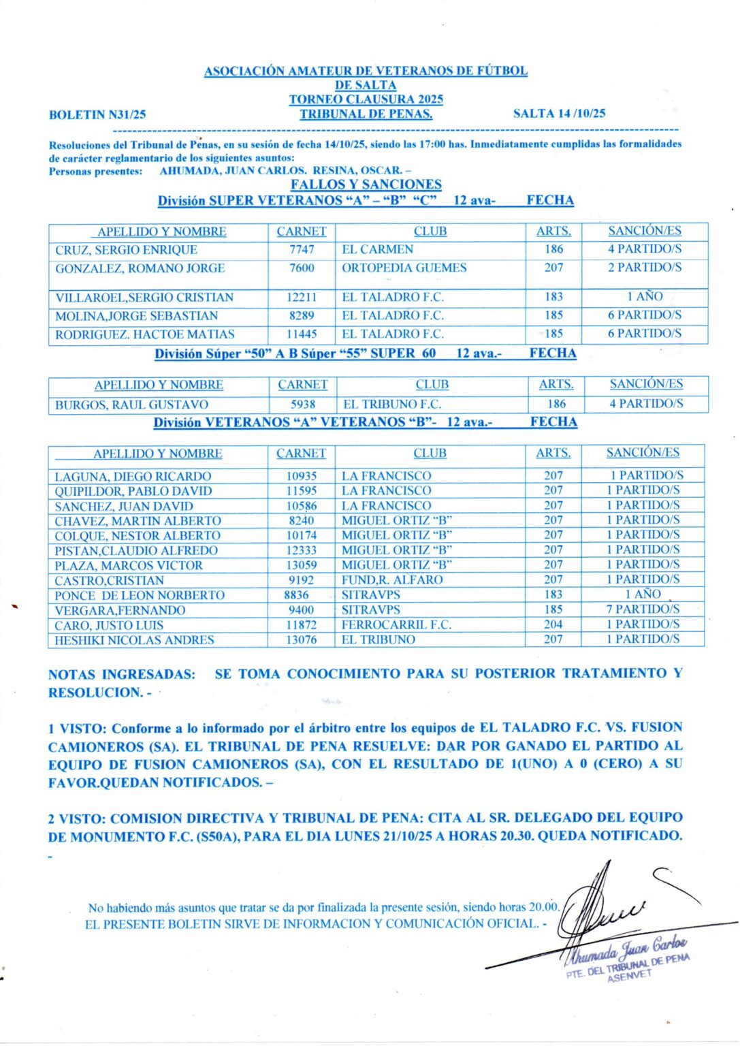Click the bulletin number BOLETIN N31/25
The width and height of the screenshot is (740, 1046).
97,115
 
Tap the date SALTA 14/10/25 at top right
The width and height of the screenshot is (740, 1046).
559,114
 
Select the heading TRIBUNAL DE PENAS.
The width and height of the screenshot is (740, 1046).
366,114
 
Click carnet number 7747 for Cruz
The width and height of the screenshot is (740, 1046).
302,249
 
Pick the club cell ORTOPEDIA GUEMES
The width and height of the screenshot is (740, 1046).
404,268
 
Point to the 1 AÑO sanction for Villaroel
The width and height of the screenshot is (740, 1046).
644,296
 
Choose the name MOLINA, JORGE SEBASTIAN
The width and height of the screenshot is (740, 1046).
137,316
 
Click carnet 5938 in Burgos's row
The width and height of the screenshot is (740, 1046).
303,404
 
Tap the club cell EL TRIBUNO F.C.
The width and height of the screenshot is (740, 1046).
391,404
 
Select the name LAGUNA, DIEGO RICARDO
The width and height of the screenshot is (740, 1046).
133,476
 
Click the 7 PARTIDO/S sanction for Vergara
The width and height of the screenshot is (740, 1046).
643,609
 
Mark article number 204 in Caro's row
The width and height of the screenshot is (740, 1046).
553,624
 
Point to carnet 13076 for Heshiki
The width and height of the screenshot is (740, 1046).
301,639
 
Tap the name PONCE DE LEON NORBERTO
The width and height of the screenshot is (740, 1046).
140,595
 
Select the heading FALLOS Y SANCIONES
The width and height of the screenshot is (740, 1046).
366,185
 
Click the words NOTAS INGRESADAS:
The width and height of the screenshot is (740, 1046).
122,675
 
